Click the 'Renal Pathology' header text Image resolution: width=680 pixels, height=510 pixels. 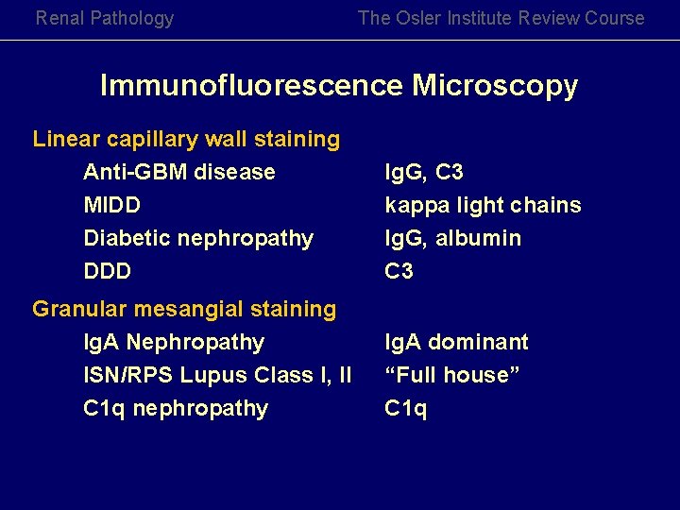point(105,18)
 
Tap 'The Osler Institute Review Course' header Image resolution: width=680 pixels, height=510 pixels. point(501,18)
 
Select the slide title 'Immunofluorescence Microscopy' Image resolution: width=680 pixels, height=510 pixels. point(339,86)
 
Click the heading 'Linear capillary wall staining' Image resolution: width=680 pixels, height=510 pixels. point(186,140)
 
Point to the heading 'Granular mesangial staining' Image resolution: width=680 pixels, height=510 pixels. point(184,309)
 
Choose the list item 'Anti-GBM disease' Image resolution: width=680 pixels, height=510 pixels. point(179,172)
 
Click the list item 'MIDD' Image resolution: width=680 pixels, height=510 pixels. point(111,205)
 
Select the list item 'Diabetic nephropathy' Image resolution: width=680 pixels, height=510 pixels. point(198,238)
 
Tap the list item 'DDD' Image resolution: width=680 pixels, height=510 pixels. point(107,271)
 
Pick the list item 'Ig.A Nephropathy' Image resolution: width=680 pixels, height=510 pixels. point(174,342)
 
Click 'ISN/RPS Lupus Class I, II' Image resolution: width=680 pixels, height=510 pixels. point(217,375)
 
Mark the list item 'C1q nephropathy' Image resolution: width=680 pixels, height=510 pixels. point(176,408)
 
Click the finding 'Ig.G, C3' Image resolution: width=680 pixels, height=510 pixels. point(424,172)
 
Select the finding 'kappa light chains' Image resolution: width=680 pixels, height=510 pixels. point(483,205)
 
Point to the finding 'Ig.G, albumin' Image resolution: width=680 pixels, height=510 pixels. point(452,238)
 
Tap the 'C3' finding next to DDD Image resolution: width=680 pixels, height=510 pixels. point(399,271)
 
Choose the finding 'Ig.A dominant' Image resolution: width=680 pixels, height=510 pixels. point(456,342)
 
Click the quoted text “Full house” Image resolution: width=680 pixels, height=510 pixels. point(452,375)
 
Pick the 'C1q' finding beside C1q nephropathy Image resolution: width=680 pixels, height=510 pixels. point(405,408)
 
